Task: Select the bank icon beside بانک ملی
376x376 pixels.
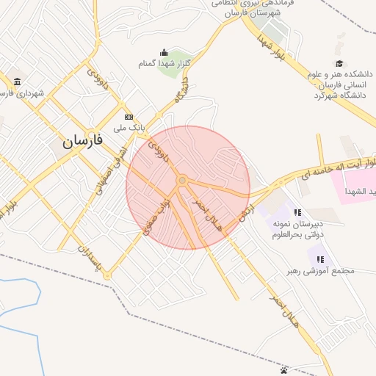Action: (x=129, y=117)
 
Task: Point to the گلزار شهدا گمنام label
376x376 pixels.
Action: (x=164, y=64)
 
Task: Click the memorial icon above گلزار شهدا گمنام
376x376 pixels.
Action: (x=164, y=53)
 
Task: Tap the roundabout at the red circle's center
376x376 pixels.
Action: (x=181, y=180)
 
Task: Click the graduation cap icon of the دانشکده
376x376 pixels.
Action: (x=339, y=64)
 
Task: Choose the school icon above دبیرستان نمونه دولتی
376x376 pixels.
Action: (x=297, y=213)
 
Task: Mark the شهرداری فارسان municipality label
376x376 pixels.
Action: (x=21, y=93)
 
